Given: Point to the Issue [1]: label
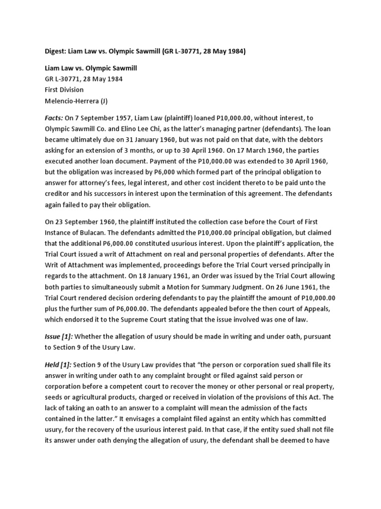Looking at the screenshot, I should click(58, 337).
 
